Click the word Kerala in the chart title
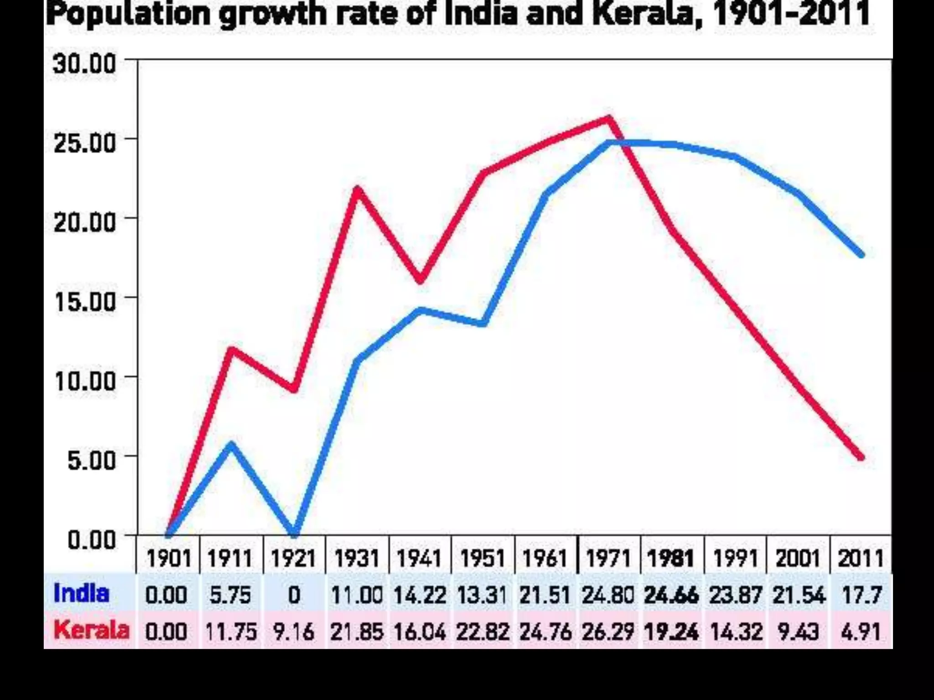click(647, 14)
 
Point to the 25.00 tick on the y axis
click(85, 143)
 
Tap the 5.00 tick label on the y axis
click(91, 460)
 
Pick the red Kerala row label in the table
click(91, 630)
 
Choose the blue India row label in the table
click(81, 594)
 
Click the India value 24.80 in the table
click(608, 595)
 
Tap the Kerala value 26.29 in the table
click(608, 632)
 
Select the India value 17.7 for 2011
click(861, 595)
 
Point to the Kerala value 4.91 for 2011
click(861, 632)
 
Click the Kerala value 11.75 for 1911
click(231, 632)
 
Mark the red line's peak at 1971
click(609, 119)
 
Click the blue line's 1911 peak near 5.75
click(232, 444)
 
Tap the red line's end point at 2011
click(861, 457)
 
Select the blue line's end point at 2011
click(861, 254)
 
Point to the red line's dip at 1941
click(420, 280)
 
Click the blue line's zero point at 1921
click(295, 532)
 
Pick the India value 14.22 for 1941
click(420, 595)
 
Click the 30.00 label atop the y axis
click(85, 64)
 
